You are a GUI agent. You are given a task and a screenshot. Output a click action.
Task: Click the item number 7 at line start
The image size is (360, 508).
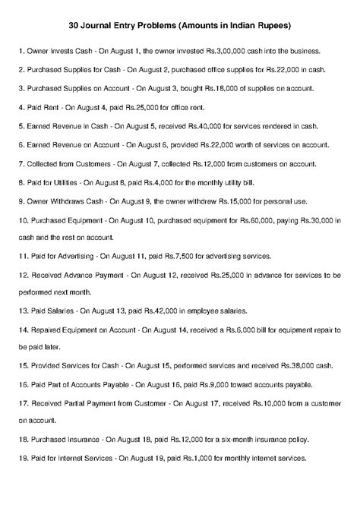[18, 163]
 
